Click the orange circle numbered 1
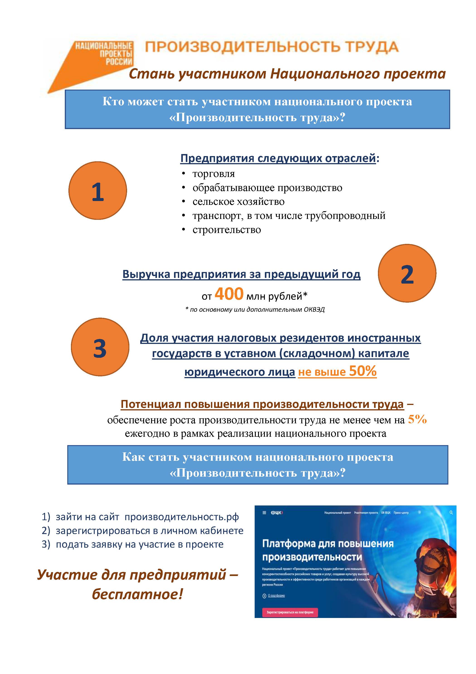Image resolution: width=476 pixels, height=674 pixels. [98, 191]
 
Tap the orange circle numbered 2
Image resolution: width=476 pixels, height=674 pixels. [407, 273]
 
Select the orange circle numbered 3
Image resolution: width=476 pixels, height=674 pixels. [100, 347]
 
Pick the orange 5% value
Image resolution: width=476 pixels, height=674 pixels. [417, 419]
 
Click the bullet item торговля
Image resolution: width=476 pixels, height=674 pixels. [213, 174]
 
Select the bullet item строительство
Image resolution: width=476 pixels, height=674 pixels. [227, 230]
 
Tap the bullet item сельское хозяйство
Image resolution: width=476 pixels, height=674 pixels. [238, 202]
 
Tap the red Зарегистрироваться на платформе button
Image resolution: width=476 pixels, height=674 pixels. [290, 612]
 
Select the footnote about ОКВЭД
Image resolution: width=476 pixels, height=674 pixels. [255, 309]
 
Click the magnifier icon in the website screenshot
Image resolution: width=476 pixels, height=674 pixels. [451, 512]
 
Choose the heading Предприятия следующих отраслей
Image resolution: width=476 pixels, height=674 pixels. [278, 158]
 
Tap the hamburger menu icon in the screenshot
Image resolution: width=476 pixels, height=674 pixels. [264, 512]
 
